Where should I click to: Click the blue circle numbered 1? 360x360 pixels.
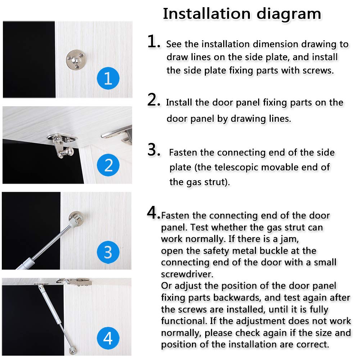(x=108, y=78)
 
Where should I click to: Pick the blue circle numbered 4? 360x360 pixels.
(x=108, y=338)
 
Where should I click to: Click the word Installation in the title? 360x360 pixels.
(x=206, y=14)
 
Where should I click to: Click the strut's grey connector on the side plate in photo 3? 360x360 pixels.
(x=75, y=219)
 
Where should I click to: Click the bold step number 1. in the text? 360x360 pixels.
(x=154, y=42)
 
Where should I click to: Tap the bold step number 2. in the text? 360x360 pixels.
(x=154, y=100)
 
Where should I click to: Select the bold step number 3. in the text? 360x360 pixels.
(x=154, y=150)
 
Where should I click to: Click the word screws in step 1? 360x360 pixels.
(x=317, y=70)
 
